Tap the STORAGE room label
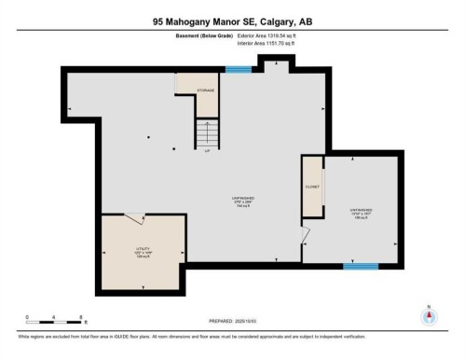coord(205,90)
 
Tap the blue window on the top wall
coord(239,68)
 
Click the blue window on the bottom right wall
coord(359,267)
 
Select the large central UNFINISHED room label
coord(243,200)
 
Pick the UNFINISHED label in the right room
coord(361,211)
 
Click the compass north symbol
coord(428,314)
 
